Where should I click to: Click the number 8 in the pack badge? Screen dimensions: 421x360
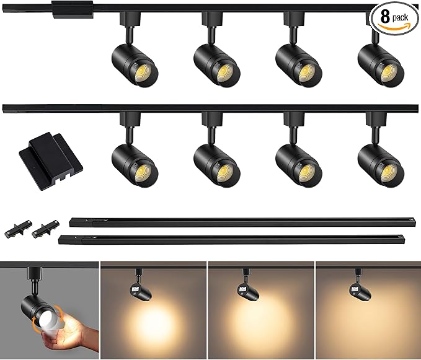(x=385, y=17)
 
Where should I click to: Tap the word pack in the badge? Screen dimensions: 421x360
(x=400, y=18)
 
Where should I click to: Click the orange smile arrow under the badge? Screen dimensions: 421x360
(x=394, y=27)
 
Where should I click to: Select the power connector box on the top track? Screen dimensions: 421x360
(x=73, y=9)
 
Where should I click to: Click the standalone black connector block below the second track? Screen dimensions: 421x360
(x=51, y=161)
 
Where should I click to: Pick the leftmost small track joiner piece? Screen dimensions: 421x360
(x=18, y=229)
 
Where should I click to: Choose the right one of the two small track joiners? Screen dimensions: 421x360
(x=46, y=229)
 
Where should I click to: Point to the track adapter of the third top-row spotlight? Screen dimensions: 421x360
(x=294, y=18)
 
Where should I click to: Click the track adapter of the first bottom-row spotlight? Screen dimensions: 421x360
(x=130, y=118)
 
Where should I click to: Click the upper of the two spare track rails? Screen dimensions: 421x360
(x=242, y=222)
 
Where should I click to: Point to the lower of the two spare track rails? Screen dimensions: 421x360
(x=231, y=240)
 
